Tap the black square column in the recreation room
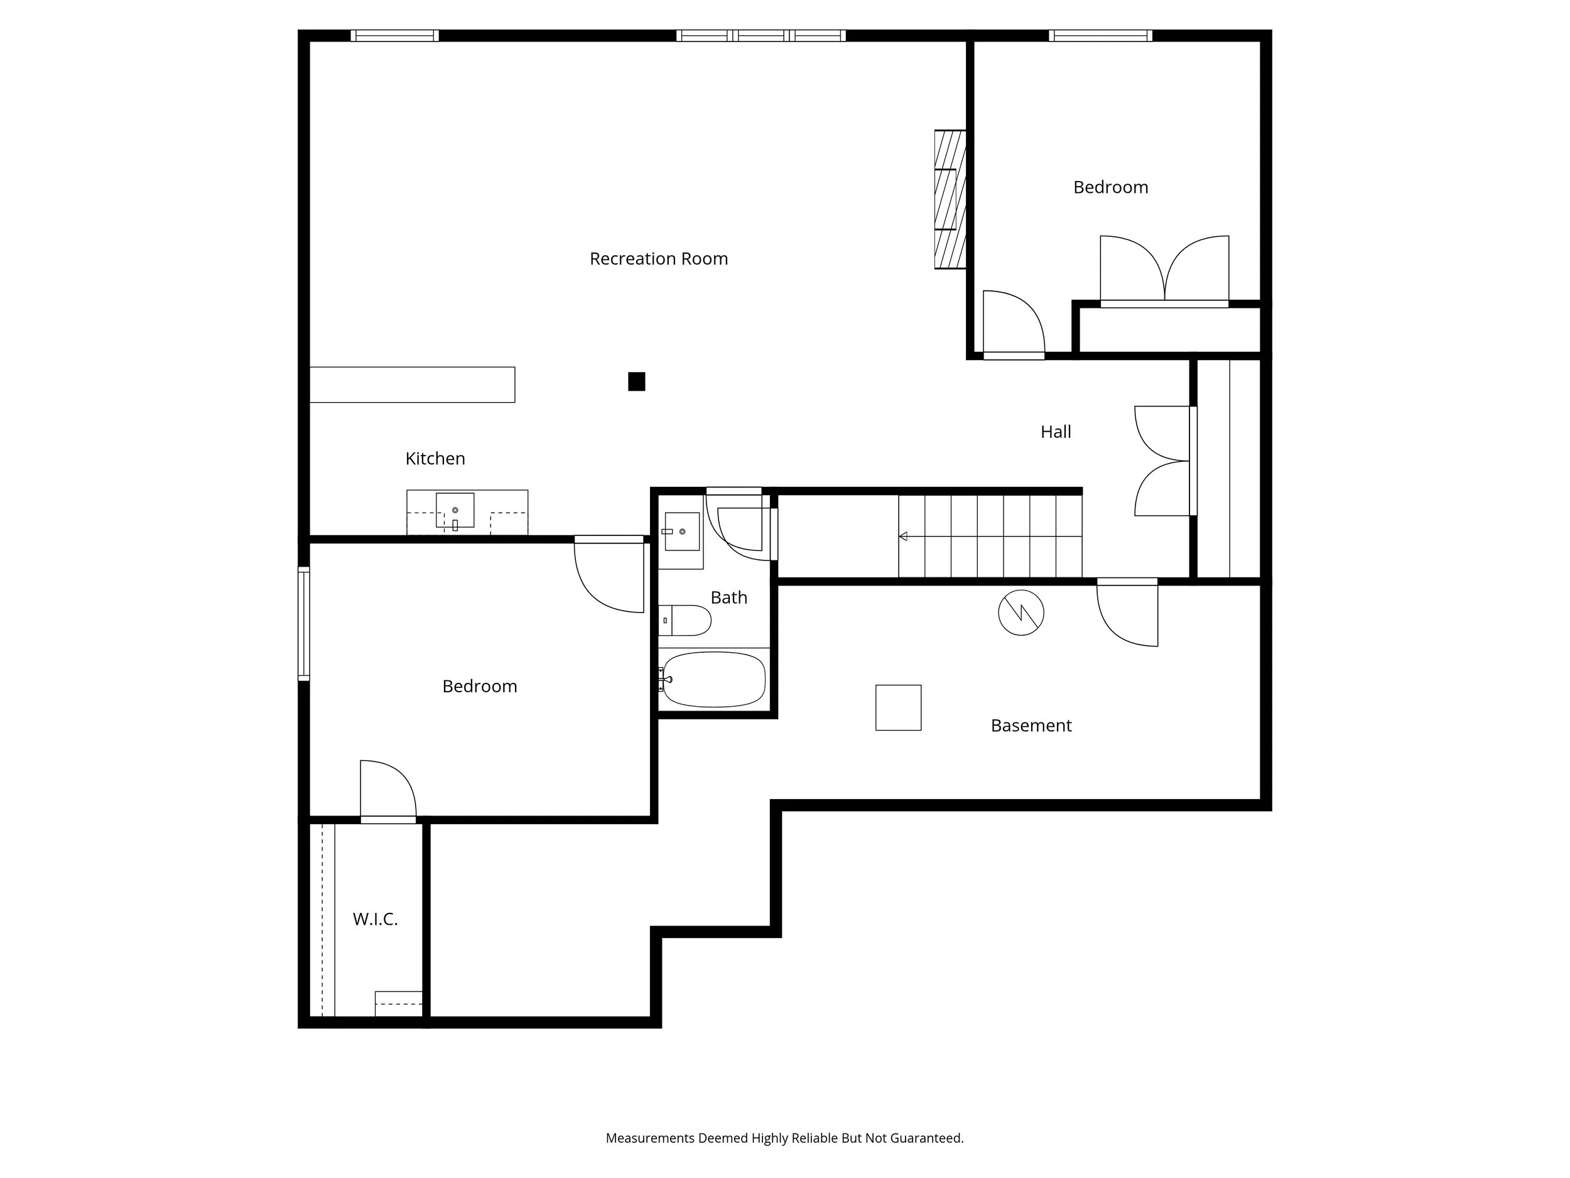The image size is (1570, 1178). (637, 381)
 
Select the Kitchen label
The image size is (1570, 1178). (435, 459)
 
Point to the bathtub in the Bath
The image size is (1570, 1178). (714, 680)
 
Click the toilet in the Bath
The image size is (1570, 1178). (686, 621)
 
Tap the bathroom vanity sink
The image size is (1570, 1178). (681, 531)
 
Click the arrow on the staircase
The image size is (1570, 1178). (904, 536)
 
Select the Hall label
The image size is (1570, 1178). (1056, 432)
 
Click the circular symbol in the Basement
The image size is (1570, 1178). (1020, 612)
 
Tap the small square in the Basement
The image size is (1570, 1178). (898, 707)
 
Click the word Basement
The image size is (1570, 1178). (1031, 726)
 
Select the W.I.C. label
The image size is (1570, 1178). (375, 920)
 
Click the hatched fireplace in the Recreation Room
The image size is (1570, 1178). (950, 200)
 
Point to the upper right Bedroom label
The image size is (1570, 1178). (1110, 187)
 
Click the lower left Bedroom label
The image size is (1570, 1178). (479, 687)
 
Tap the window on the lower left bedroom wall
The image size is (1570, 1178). (304, 624)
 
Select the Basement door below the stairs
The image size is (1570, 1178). (1127, 614)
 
